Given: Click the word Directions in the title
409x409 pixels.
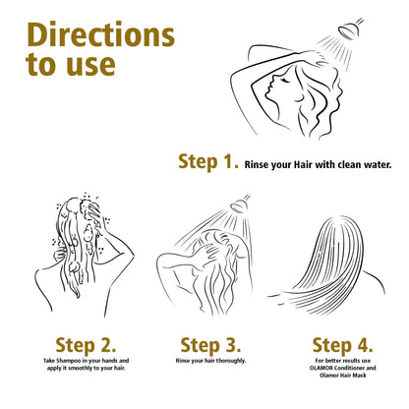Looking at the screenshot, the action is (x=100, y=34).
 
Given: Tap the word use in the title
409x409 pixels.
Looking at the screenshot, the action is (x=91, y=65).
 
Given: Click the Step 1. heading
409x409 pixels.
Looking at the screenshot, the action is (x=208, y=162).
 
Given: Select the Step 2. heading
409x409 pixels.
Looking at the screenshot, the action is (x=86, y=345).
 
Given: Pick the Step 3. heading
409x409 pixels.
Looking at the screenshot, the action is (x=210, y=345).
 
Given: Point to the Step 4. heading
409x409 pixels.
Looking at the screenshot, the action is (x=342, y=345).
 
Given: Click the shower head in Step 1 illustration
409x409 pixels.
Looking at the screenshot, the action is (x=349, y=29).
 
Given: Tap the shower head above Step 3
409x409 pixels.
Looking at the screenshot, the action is (x=240, y=205).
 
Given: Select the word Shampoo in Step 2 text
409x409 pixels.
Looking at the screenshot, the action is (x=68, y=361).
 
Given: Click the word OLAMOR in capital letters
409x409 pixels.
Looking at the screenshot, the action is (x=321, y=368).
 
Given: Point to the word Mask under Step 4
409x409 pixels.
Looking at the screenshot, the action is (x=360, y=375).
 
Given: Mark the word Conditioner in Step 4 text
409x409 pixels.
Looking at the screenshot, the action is (x=349, y=368).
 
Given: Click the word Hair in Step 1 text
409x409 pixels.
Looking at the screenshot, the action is (x=303, y=164).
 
